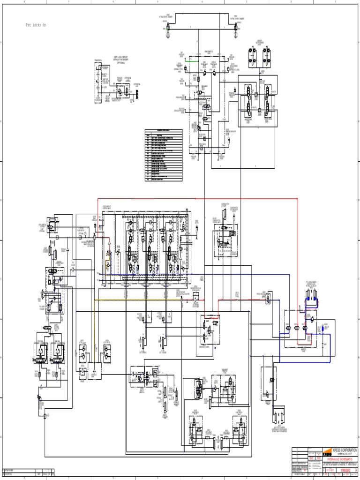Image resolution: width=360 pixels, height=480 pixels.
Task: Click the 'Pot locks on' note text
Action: click(x=36, y=25)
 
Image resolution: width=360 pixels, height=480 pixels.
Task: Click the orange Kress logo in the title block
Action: click(x=326, y=454)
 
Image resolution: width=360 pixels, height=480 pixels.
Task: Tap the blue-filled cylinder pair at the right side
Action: click(x=310, y=294)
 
